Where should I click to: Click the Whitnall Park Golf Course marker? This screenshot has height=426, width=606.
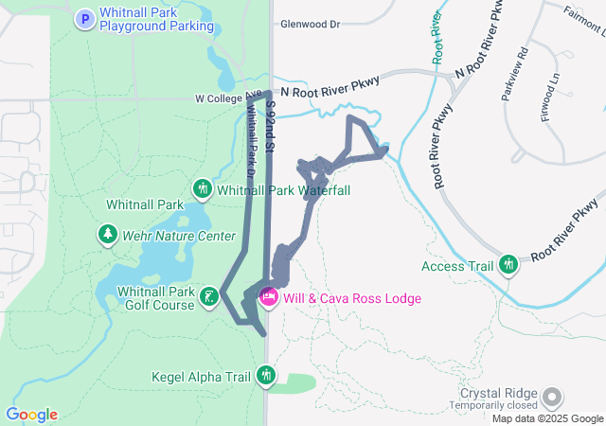point(209,299)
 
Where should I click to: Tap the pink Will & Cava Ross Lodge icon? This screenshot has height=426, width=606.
point(269,298)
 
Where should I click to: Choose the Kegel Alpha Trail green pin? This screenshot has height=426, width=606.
point(266,378)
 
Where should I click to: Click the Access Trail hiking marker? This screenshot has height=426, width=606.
point(509,266)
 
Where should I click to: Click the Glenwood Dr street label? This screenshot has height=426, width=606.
point(308,26)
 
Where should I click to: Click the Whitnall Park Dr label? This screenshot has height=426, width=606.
point(251,142)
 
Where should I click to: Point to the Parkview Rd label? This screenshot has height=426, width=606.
point(522,73)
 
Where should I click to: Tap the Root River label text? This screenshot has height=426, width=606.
point(437,38)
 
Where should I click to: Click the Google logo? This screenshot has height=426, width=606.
point(31,415)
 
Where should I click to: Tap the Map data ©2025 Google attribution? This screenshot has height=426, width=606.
point(547,418)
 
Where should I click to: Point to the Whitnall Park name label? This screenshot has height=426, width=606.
point(144,204)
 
